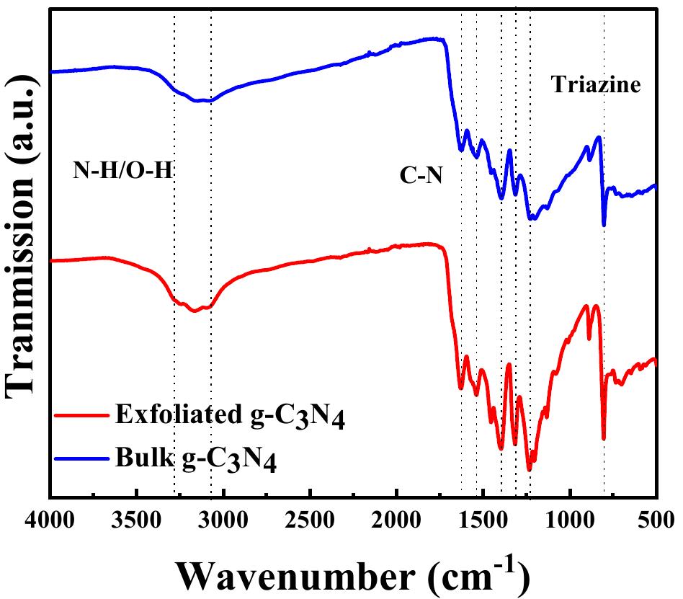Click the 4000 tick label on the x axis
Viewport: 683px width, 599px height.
click(x=50, y=519)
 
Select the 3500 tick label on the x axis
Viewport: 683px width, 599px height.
click(x=137, y=519)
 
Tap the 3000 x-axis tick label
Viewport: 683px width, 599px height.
click(x=223, y=519)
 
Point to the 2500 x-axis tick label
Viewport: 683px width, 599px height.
click(x=310, y=519)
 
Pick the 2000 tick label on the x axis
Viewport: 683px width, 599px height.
click(x=396, y=519)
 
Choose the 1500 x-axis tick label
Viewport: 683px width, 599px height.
click(x=483, y=519)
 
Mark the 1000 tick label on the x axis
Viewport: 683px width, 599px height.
click(x=570, y=519)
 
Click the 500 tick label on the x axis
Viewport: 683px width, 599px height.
click(x=654, y=519)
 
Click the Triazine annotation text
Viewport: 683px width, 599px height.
click(x=596, y=85)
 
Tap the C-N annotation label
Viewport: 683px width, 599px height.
click(x=421, y=174)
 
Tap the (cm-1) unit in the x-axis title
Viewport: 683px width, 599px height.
click(x=478, y=573)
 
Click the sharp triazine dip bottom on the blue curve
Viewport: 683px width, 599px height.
click(x=604, y=225)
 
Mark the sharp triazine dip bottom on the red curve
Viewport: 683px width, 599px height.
click(x=604, y=438)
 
